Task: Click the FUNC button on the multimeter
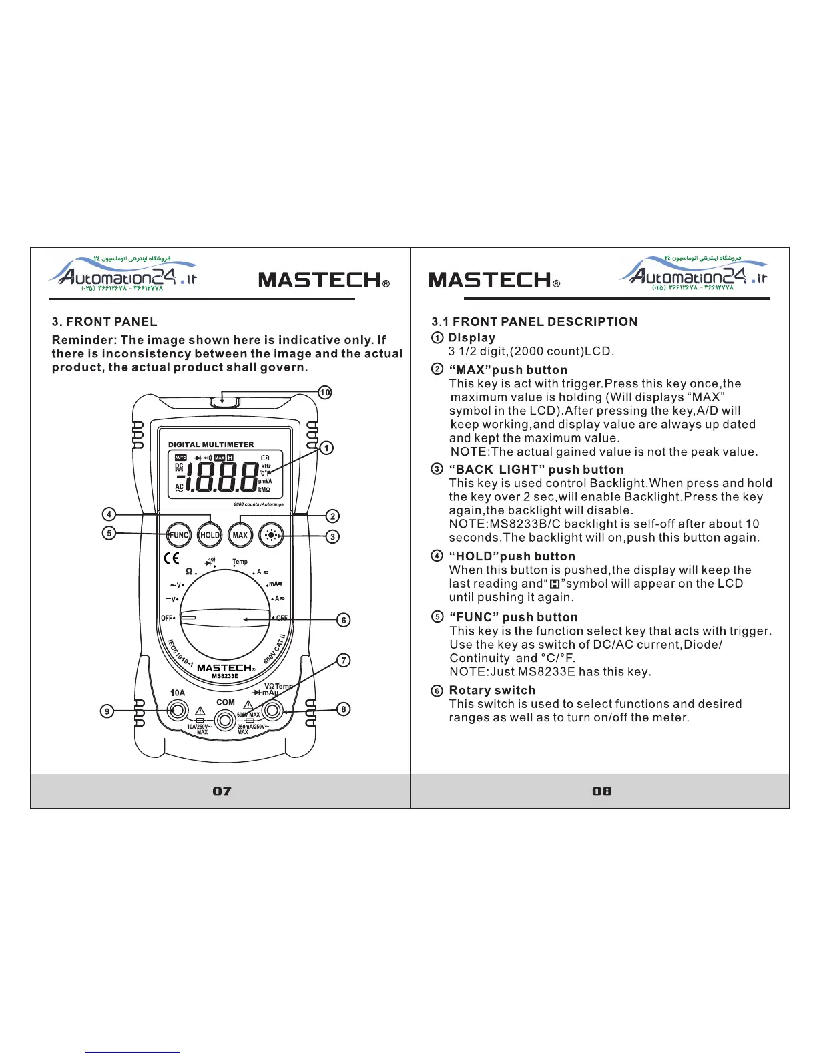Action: [178, 535]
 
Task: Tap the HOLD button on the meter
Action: [210, 535]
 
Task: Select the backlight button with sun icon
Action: [272, 535]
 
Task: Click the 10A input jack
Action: [178, 711]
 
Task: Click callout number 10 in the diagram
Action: [324, 393]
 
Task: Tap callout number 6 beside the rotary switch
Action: [343, 620]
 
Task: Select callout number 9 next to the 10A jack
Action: [107, 711]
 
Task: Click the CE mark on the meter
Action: [172, 559]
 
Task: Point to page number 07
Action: [222, 791]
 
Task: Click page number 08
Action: [601, 791]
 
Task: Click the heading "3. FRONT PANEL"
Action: [105, 322]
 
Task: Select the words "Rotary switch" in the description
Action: [492, 691]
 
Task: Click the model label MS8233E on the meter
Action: [225, 677]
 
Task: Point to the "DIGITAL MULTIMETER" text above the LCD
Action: [211, 444]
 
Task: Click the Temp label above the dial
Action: [240, 562]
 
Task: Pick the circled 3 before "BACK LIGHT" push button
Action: [437, 470]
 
